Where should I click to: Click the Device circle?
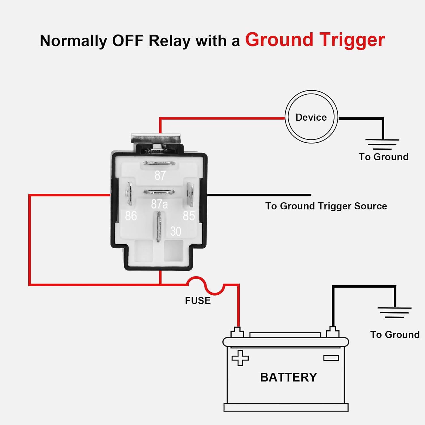311,117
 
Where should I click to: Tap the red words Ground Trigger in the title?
315,40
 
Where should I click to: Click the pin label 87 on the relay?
160,175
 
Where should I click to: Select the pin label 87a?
159,204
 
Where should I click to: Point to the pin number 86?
131,216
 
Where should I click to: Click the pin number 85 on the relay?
189,216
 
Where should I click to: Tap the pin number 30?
175,231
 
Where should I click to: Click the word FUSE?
198,301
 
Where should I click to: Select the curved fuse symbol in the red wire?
206,285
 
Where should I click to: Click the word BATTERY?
288,377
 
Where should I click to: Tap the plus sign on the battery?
240,358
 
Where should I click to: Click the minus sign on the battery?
331,358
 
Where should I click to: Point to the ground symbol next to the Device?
382,144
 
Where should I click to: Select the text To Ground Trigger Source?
326,206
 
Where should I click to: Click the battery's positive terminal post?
237,332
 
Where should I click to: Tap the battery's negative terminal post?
333,332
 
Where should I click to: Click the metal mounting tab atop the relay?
156,139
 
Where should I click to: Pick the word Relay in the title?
169,41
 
